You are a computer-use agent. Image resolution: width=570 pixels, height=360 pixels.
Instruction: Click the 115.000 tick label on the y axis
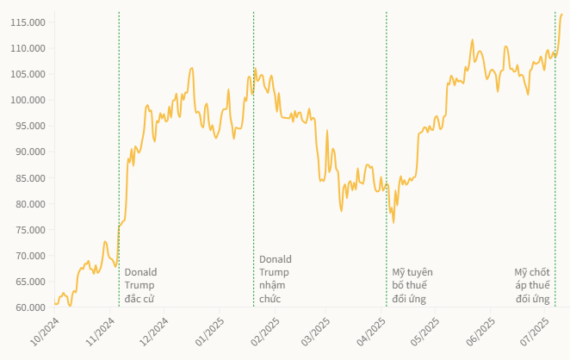pyautogui.click(x=28, y=22)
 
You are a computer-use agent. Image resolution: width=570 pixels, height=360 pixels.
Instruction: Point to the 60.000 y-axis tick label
pyautogui.click(x=28, y=307)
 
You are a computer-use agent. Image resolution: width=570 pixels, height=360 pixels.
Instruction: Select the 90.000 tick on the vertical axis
pyautogui.click(x=28, y=152)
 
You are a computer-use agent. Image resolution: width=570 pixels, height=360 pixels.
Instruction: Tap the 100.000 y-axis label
pyautogui.click(x=28, y=100)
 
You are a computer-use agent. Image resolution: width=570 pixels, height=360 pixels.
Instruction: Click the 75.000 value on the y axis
pyautogui.click(x=28, y=230)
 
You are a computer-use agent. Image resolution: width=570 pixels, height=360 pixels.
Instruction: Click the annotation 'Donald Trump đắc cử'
pyautogui.click(x=141, y=285)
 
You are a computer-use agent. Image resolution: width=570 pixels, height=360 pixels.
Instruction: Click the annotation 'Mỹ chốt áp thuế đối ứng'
pyautogui.click(x=532, y=285)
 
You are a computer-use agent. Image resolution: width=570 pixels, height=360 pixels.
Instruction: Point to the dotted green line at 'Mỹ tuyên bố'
pyautogui.click(x=387, y=129)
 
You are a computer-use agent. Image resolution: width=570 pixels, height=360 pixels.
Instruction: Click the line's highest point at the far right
pyautogui.click(x=561, y=15)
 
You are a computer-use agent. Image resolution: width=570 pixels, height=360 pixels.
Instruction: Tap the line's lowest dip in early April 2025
pyautogui.click(x=393, y=222)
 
